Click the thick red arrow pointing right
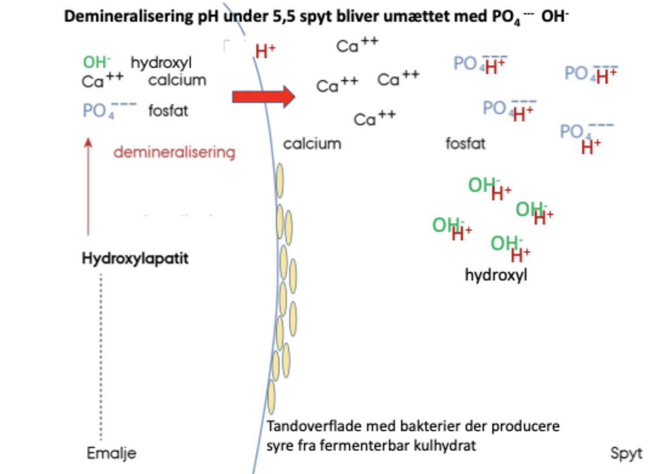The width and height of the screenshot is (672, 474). point(264,97)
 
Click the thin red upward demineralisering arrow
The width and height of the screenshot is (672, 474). point(88,187)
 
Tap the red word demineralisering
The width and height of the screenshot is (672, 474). point(174,152)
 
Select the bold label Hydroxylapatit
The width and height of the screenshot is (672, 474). point(135,258)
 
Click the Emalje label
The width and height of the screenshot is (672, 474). point(111,453)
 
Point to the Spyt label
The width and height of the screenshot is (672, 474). point(626,453)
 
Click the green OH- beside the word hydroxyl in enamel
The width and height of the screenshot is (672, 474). point(97,62)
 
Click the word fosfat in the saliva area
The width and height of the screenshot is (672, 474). point(465,143)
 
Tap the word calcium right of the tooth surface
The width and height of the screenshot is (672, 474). point(312,143)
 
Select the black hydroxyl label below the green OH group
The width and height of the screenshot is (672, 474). point(496,275)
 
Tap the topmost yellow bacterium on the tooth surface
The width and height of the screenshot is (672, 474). point(279,180)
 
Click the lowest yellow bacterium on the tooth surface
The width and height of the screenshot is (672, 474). point(271,397)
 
